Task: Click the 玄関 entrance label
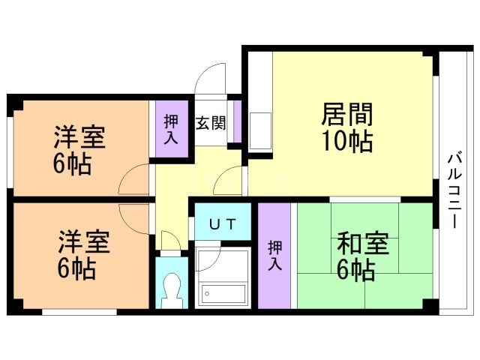coord(211,123)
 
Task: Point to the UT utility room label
coord(221,223)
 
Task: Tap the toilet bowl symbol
coord(172,288)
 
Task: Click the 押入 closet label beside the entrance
coord(172,128)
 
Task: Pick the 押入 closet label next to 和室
coord(274,255)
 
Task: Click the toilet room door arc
coord(171,241)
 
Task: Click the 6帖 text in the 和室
coord(357,270)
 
